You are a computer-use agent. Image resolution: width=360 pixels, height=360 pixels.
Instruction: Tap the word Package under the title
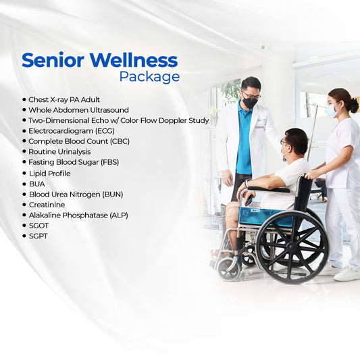pyautogui.click(x=149, y=76)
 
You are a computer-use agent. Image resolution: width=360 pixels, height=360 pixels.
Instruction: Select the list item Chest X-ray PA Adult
pyautogui.click(x=64, y=99)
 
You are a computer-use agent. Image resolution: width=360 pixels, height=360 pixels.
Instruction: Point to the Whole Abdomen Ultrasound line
pyautogui.click(x=78, y=110)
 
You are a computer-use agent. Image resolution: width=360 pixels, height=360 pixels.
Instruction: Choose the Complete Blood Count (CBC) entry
pyautogui.click(x=79, y=142)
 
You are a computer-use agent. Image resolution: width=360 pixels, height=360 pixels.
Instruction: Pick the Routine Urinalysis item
pyautogui.click(x=59, y=152)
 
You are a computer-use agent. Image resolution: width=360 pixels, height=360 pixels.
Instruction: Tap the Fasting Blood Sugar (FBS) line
pyautogui.click(x=74, y=163)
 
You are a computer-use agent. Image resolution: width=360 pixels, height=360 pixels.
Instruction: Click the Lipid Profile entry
pyautogui.click(x=49, y=173)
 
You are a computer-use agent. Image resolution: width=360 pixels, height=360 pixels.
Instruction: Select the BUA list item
pyautogui.click(x=36, y=184)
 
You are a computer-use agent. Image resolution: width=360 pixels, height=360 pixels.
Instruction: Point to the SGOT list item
pyautogui.click(x=38, y=226)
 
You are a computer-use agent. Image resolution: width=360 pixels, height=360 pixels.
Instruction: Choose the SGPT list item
pyautogui.click(x=38, y=236)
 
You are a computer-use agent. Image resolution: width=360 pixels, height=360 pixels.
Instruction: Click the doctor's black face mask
pyautogui.click(x=250, y=103)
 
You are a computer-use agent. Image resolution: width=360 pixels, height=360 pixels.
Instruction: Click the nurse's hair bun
pyautogui.click(x=354, y=105)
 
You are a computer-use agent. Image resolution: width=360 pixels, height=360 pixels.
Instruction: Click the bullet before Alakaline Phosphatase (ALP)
pyautogui.click(x=24, y=215)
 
